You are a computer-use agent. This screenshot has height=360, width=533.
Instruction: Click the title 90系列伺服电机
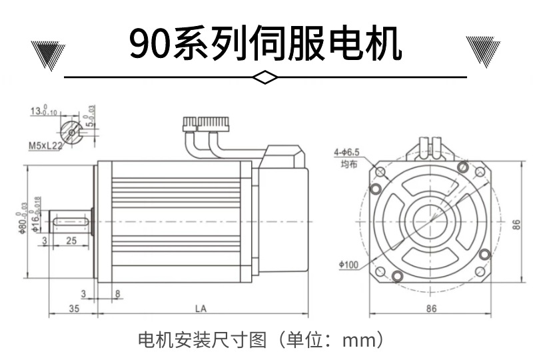click(266, 43)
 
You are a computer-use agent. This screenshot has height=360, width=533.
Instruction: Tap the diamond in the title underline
click(266, 78)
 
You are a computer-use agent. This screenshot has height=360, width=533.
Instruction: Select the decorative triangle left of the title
click(49, 53)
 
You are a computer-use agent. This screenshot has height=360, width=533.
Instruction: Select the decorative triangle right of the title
click(483, 53)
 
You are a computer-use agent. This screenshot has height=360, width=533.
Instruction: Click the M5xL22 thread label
click(45, 145)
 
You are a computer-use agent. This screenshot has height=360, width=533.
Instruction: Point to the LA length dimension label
click(200, 309)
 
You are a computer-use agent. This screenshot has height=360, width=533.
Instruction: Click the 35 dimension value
click(73, 309)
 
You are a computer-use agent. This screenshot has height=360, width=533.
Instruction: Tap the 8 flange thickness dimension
click(117, 293)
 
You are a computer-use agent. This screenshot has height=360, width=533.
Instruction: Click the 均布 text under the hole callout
click(349, 164)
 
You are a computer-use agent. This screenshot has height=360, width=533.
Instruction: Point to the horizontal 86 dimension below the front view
click(431, 309)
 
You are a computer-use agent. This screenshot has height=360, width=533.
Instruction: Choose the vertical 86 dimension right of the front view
click(515, 225)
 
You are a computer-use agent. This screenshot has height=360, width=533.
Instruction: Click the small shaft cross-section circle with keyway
click(71, 130)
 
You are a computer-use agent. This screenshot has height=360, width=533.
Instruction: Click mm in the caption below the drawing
click(358, 339)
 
